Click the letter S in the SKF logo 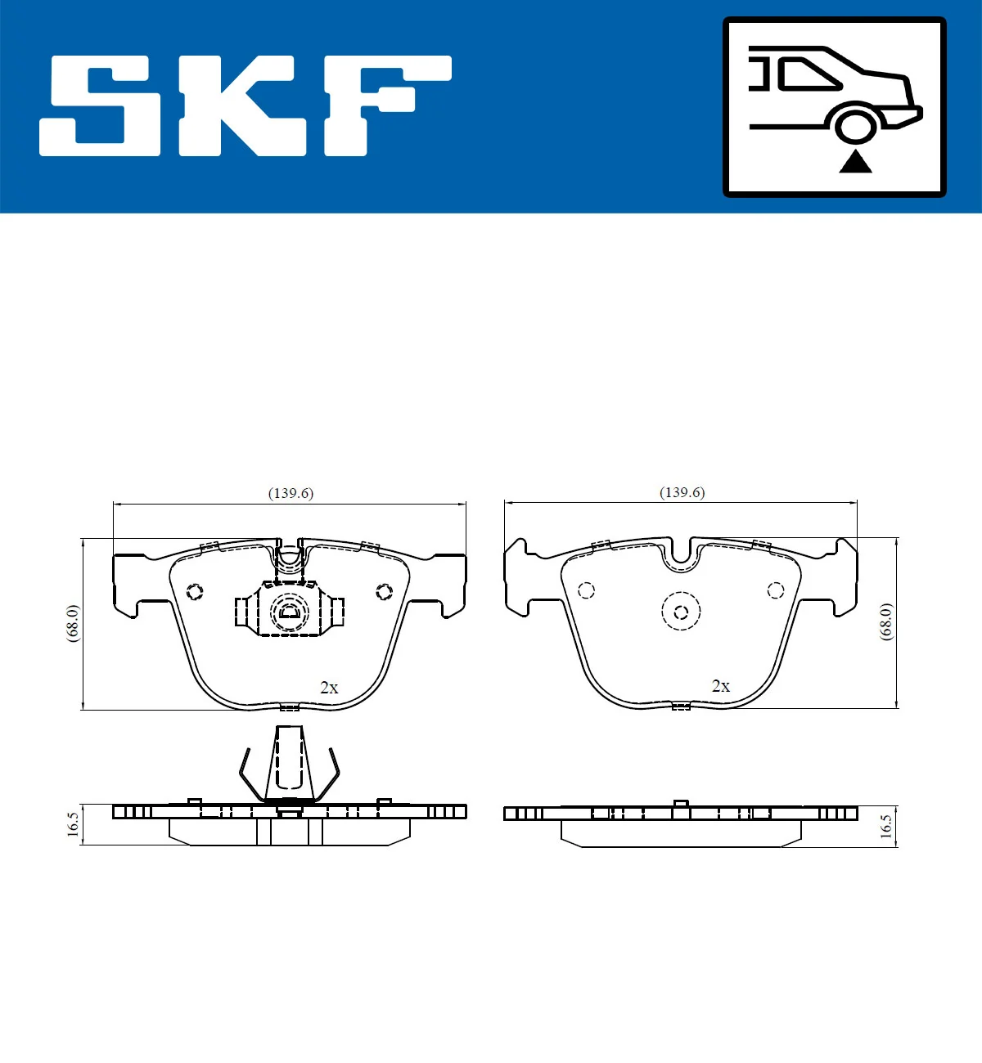(x=102, y=106)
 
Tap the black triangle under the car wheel (x=855, y=162)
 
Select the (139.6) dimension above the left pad (x=291, y=493)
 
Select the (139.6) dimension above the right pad (x=682, y=492)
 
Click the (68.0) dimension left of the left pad (x=73, y=623)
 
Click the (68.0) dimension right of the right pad (x=886, y=621)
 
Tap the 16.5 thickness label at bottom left (x=73, y=824)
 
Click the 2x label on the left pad (x=329, y=688)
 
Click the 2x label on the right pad (x=721, y=686)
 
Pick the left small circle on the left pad (x=195, y=591)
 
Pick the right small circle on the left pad (x=384, y=590)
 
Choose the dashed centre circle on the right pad (x=681, y=611)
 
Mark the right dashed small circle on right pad (x=776, y=590)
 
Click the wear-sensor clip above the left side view (x=289, y=765)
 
